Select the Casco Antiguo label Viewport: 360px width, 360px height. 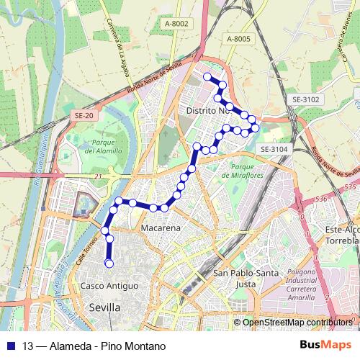tap(109, 286)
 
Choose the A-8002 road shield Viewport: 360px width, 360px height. tap(176, 24)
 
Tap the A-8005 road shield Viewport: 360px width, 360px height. tap(238, 38)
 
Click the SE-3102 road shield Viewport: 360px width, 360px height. tap(306, 99)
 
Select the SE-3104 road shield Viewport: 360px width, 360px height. tap(274, 149)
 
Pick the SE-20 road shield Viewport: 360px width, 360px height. tap(84, 114)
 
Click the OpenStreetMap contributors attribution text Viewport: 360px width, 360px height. tap(297, 322)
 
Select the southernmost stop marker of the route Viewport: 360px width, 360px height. tap(109, 264)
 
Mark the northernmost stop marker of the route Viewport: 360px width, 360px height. tap(207, 76)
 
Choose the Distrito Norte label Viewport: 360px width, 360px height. tap(207, 111)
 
